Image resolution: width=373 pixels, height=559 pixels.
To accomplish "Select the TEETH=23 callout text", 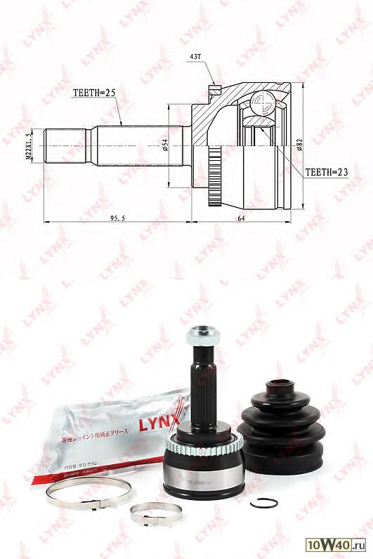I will (327, 171).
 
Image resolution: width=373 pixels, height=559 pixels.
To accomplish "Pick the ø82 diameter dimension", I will (299, 146).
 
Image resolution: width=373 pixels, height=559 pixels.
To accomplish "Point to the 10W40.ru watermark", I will (335, 545).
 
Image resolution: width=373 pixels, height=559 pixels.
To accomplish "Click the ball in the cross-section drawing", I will (261, 103).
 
